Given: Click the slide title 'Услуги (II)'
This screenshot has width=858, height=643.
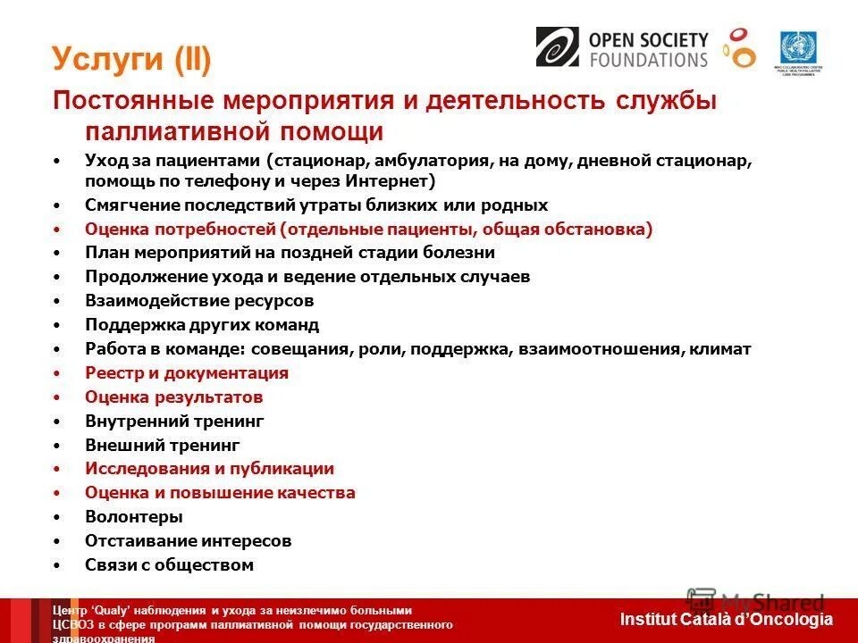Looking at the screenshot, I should (x=131, y=60).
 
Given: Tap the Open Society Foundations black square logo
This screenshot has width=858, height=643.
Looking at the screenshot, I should (x=557, y=46).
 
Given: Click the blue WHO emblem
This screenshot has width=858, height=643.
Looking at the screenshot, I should (x=797, y=46).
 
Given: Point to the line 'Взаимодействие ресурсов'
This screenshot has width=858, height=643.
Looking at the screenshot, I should (x=198, y=301).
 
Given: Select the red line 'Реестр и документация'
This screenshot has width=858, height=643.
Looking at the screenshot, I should (x=186, y=373).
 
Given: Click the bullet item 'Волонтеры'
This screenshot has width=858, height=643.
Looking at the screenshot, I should (x=133, y=517).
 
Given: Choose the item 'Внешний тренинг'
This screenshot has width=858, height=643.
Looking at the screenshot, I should (x=162, y=445).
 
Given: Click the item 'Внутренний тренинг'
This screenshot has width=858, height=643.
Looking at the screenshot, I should (x=174, y=421).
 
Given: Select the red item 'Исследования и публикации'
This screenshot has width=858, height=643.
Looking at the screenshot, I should (x=209, y=469).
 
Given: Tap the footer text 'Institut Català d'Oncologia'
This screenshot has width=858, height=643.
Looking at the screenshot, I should (x=725, y=619).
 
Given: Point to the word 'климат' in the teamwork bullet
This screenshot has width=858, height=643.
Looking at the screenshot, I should (x=720, y=349).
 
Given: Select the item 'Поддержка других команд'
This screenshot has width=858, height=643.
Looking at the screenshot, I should (x=201, y=325).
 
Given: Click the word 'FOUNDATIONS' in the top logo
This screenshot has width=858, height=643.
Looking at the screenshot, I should (x=648, y=60).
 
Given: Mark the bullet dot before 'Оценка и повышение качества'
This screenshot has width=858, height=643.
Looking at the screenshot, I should (x=57, y=493).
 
